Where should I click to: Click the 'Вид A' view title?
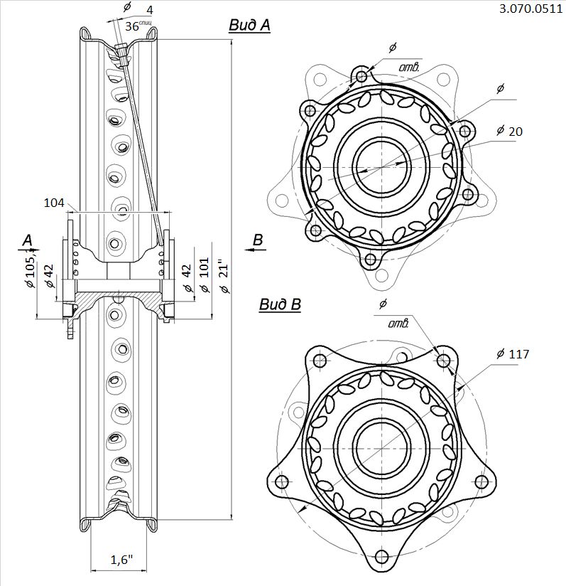pyautogui.click(x=249, y=26)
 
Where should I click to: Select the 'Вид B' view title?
pyautogui.click(x=280, y=305)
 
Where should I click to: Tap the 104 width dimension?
pyautogui.click(x=53, y=203)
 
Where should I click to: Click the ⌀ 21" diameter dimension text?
pyautogui.click(x=225, y=280)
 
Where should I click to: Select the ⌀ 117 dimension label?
pyautogui.click(x=514, y=353)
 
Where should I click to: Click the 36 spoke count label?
pyautogui.click(x=132, y=26)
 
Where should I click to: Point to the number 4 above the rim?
pyautogui.click(x=150, y=10)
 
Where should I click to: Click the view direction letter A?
pyautogui.click(x=27, y=241)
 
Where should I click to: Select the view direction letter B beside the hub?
pyautogui.click(x=258, y=240)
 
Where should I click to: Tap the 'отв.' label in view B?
pyautogui.click(x=399, y=324)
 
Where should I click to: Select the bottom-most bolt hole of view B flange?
pyautogui.click(x=381, y=556)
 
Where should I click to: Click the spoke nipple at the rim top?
pyautogui.click(x=122, y=53)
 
